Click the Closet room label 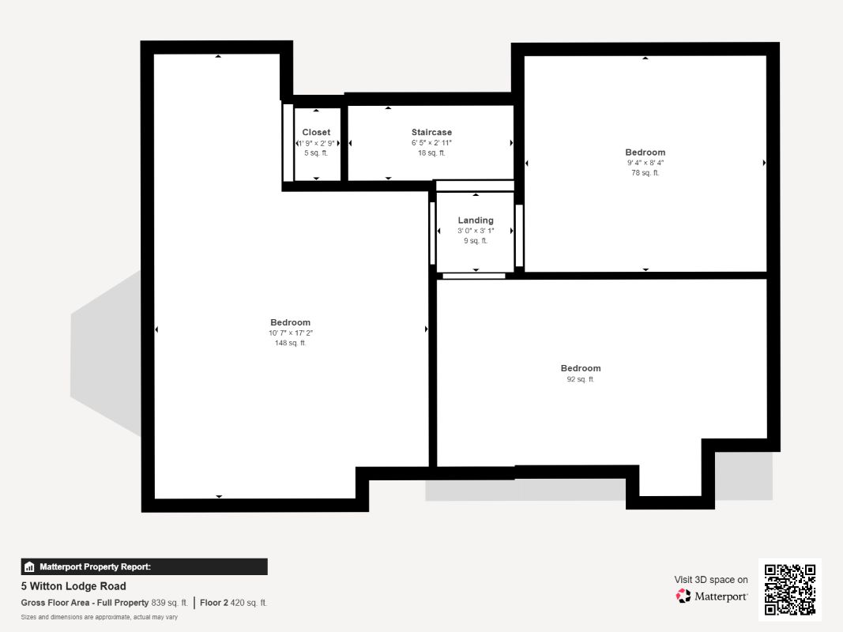coord(316,132)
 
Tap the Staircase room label coord(431,132)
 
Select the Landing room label coord(476,220)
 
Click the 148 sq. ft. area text coord(290,343)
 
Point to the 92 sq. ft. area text coord(581,379)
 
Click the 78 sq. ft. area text coord(645,172)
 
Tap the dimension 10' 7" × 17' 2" coord(290,333)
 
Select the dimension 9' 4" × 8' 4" coord(645,162)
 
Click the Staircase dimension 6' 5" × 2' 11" coord(431,142)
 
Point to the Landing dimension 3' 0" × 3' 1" coord(476,231)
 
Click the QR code coord(790,589)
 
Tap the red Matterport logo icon coord(683,596)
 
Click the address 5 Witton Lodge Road coord(73,585)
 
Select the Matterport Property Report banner coord(144,566)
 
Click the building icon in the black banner coord(29,567)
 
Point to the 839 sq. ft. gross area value coord(169,603)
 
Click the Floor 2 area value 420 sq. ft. coord(248,603)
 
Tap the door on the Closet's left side coord(288,142)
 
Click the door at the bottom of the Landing coord(474,276)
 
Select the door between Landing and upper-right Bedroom coord(519,235)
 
